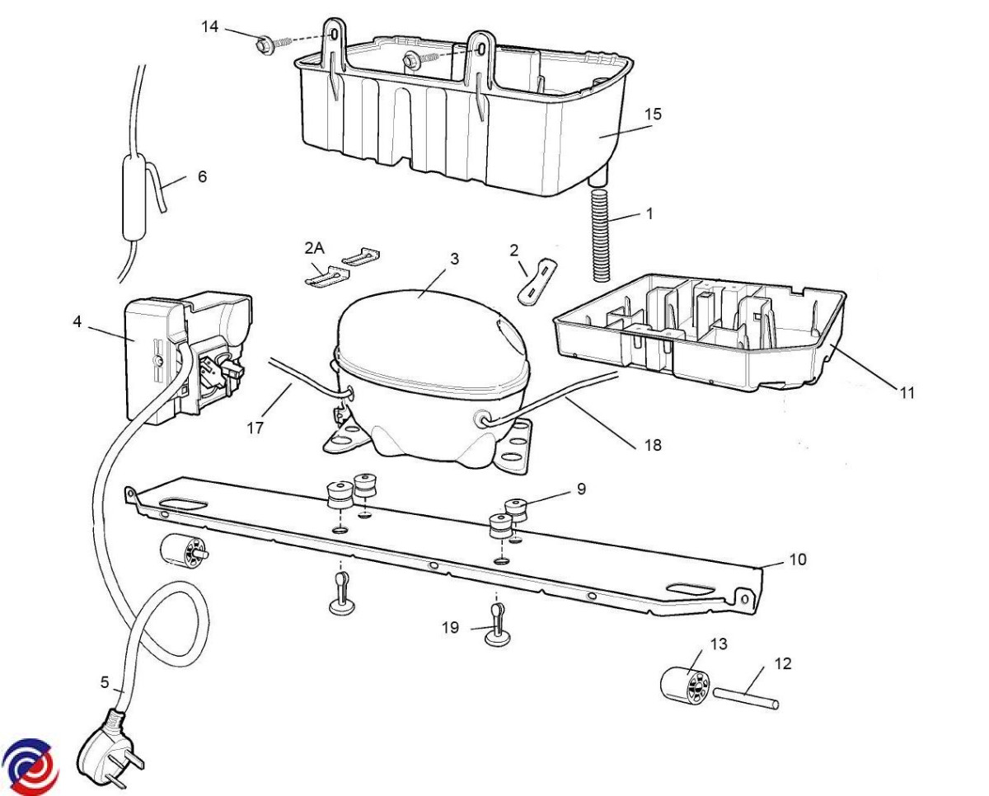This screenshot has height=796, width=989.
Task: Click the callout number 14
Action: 209,26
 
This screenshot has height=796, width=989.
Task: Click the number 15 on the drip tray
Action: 653,114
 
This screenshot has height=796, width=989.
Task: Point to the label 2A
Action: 314,249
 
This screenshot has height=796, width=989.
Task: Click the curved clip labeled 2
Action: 537,280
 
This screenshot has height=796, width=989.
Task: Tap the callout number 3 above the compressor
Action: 454,259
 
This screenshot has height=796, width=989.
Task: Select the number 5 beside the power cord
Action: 105,682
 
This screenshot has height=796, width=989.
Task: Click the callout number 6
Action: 202,176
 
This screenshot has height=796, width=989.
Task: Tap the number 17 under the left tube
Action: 255,428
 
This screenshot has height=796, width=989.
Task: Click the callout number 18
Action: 653,445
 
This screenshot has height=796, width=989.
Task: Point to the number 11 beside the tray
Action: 907,393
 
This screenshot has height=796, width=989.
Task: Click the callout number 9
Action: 581,489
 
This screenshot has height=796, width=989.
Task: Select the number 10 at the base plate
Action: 798,560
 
